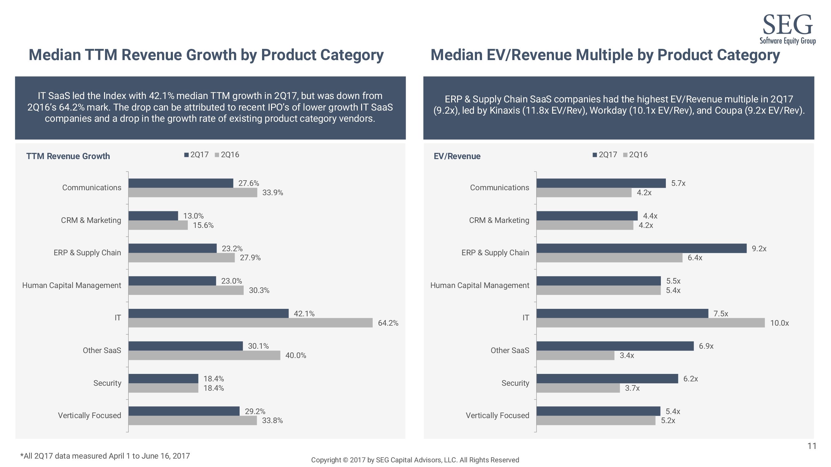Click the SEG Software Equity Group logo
click(787, 29)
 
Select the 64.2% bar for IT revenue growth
click(250, 323)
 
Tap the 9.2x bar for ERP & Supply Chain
click(641, 248)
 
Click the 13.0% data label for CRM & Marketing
click(193, 216)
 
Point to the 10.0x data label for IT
click(779, 323)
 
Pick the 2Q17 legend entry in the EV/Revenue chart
click(604, 155)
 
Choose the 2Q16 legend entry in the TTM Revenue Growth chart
click(227, 155)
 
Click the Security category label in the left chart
click(107, 383)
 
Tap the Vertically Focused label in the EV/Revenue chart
click(497, 415)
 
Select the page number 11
click(812, 446)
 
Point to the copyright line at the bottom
click(415, 460)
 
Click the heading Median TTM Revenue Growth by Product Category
click(206, 55)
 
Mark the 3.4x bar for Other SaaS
click(575, 356)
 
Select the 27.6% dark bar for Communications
click(181, 183)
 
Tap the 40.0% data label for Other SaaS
click(295, 356)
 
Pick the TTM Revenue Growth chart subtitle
click(68, 156)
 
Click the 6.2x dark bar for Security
click(607, 379)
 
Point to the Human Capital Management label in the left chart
click(72, 285)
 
